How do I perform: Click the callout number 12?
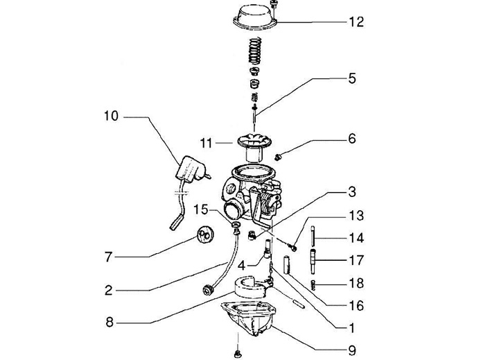coord(356,22)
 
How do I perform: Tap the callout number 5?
coord(351,78)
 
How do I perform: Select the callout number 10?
coord(112,116)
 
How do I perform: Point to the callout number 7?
coord(109,257)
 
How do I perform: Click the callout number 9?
coord(351,350)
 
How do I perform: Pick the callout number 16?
coord(356,305)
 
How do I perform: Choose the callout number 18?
coord(356,283)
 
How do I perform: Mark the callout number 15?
coord(201,209)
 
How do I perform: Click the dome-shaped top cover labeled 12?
coord(254,17)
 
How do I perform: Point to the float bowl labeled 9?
coord(249,318)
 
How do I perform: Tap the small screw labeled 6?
coord(278,157)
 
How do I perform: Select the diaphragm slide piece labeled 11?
coord(254,148)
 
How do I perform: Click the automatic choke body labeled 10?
coord(191,169)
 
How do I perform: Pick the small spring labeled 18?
coord(313,285)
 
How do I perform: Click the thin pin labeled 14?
coord(313,236)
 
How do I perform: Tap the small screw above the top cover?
coord(273,4)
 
